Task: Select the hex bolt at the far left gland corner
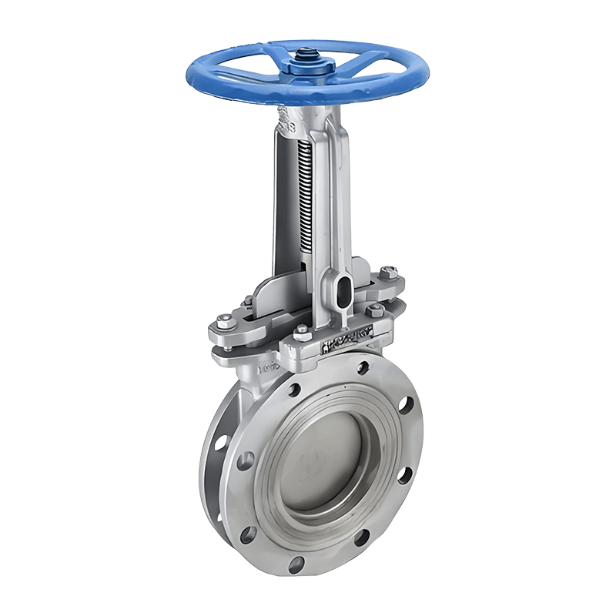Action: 224,323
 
